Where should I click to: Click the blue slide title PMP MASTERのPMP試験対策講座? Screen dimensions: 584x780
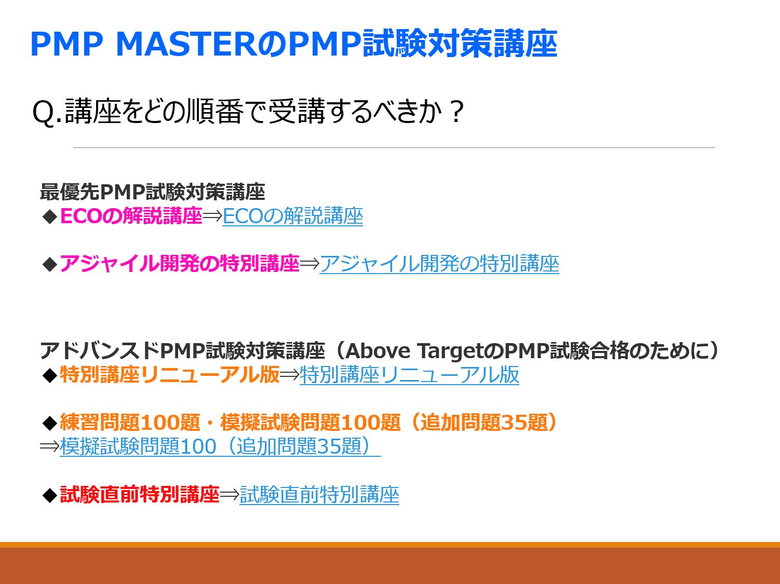(293, 44)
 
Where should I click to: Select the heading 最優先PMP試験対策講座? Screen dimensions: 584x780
(152, 192)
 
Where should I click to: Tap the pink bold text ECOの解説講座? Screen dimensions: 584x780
(131, 216)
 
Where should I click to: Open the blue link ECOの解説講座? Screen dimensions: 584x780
(292, 216)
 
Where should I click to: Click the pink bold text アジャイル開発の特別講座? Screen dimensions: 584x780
(179, 264)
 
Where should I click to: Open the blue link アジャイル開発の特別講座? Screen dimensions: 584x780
(439, 264)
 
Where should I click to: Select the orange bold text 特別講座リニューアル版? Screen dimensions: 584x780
(169, 375)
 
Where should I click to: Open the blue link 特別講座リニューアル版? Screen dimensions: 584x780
(409, 375)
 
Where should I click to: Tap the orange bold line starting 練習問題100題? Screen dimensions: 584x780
(308, 423)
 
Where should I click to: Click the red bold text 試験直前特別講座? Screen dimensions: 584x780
(140, 494)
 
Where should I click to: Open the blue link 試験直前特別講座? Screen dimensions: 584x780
(319, 494)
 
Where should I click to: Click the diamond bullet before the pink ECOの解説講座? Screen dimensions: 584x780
(50, 217)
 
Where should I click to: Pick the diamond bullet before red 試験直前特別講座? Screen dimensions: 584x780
(50, 495)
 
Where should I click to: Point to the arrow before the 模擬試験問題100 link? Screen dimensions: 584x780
(49, 446)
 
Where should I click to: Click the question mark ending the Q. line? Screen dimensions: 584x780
(456, 111)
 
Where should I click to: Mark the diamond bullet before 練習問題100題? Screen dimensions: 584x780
(50, 424)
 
